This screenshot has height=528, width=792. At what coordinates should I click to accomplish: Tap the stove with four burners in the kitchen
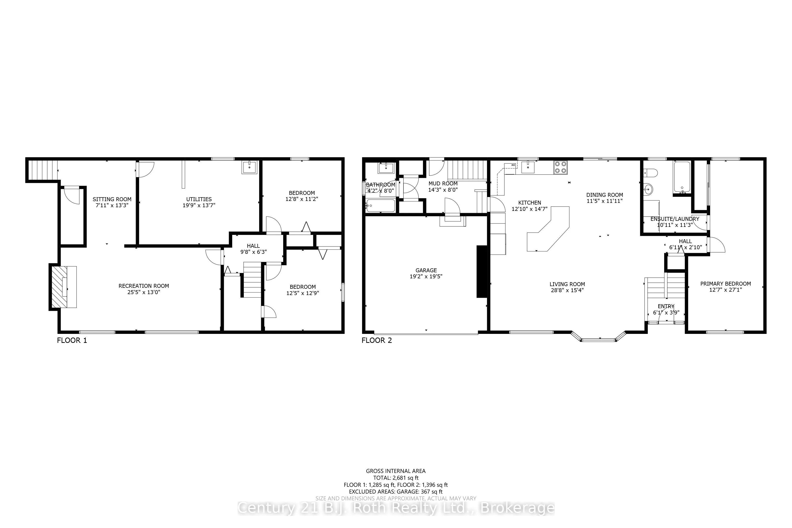(x=560, y=167)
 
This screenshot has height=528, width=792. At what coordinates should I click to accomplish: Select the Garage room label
(x=426, y=270)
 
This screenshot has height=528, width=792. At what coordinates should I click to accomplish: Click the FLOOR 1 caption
(x=72, y=340)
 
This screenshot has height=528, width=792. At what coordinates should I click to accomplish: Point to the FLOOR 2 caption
(x=377, y=340)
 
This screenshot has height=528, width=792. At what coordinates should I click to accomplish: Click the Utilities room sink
(x=249, y=167)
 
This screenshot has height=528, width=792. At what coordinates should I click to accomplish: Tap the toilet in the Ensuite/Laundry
(x=650, y=173)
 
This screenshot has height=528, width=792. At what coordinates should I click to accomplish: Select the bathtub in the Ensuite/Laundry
(x=682, y=177)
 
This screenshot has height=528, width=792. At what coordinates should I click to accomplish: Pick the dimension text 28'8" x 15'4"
(x=567, y=290)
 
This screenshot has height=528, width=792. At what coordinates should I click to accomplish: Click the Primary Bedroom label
(x=725, y=283)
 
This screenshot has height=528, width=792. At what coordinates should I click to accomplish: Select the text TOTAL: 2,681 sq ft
(x=396, y=478)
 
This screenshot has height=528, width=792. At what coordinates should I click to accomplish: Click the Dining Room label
(x=604, y=195)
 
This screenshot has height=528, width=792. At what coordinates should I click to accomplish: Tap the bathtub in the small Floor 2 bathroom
(x=380, y=206)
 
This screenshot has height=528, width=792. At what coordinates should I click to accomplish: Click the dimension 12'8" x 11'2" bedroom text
(x=301, y=199)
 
